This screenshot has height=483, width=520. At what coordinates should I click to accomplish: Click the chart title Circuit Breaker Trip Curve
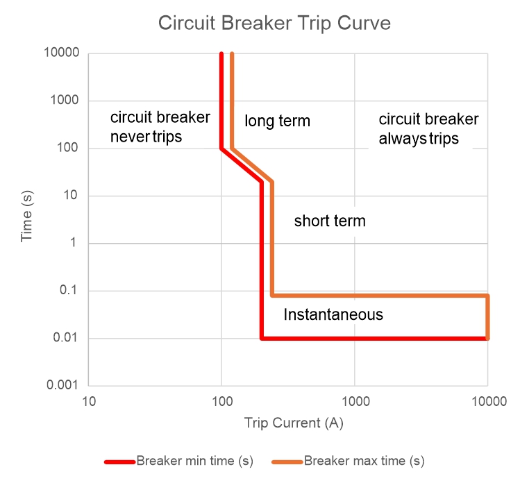274,24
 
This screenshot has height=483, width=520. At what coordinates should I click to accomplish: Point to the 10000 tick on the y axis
63,53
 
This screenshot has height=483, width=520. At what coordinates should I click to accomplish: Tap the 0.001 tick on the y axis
63,386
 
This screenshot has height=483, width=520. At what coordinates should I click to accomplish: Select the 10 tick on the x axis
88,401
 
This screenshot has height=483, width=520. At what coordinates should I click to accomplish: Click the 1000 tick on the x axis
354,401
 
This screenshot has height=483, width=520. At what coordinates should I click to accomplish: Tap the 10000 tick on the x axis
487,401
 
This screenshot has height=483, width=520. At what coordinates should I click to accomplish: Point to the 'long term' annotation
277,121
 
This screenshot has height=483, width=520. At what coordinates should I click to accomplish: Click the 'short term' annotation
330,221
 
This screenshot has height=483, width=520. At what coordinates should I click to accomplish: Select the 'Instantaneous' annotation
333,314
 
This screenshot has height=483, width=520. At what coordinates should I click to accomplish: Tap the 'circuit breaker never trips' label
160,127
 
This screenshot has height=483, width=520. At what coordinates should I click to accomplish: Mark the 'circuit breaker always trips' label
428,129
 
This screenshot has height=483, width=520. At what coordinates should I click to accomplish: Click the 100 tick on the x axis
221,401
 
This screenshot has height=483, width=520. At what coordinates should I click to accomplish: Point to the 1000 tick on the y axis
65,101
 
